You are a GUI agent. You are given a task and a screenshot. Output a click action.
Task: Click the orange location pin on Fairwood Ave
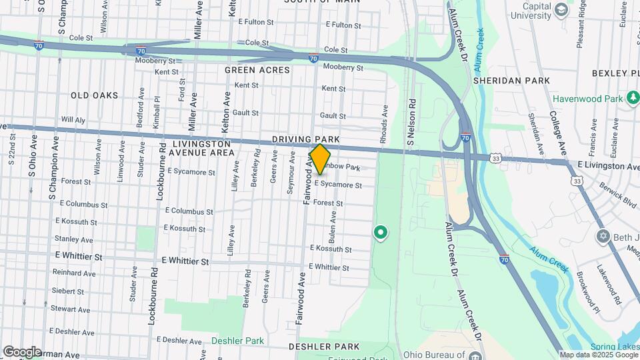click(320, 159)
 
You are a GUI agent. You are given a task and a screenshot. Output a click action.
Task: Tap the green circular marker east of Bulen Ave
click(380, 233)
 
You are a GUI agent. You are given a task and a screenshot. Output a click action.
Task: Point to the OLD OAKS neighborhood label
click(95, 95)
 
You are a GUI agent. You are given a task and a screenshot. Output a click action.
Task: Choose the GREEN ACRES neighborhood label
click(257, 70)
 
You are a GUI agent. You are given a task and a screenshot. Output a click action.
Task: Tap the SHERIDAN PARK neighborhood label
click(511, 81)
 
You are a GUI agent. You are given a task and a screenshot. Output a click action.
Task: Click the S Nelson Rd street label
click(411, 123)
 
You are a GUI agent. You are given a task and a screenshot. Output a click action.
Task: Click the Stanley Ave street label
click(74, 239)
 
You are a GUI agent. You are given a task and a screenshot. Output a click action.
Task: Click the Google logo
click(22, 351)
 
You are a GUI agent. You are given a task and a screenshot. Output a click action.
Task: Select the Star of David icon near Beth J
click(603, 237)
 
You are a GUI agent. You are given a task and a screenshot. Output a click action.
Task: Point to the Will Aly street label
click(73, 120)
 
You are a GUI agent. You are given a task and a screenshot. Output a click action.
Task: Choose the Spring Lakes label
click(615, 347)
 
